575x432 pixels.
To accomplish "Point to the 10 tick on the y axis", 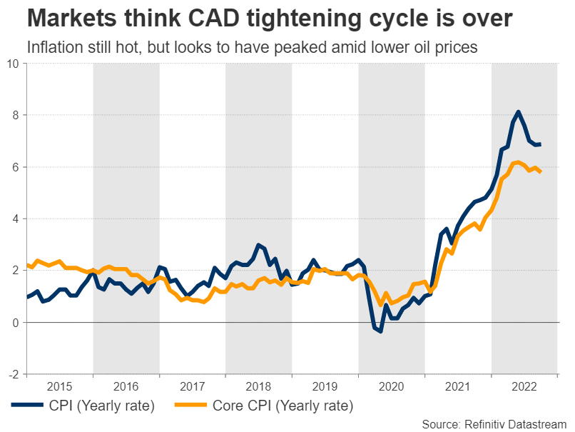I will (x=14, y=64).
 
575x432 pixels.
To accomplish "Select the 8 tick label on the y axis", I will (x=16, y=115).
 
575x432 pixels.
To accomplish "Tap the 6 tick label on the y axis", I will (x=16, y=167).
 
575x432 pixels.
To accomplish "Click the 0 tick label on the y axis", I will (x=16, y=323).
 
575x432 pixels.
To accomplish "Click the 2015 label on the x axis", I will (x=59, y=386).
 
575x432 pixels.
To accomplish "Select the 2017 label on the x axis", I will (x=193, y=386).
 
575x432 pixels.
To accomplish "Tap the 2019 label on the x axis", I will (x=325, y=386).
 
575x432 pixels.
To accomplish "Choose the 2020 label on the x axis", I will (x=392, y=386).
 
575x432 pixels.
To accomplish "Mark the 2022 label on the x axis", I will (x=524, y=386).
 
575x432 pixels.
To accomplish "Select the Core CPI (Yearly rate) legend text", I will (x=283, y=406).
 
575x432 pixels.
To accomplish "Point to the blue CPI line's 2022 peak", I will (x=518, y=111).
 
